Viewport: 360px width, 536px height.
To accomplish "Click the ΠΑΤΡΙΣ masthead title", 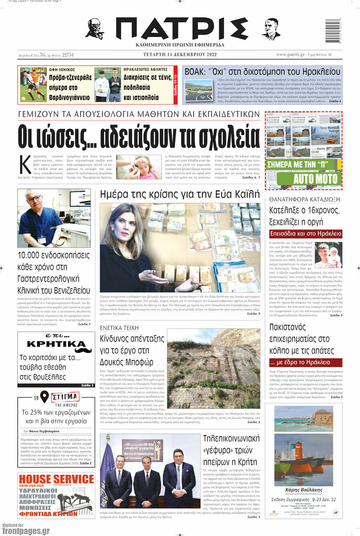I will (x=181, y=29).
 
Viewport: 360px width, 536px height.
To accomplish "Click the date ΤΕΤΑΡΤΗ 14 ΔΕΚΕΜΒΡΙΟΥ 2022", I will (x=180, y=55).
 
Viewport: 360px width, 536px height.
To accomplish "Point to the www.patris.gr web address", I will (x=290, y=55).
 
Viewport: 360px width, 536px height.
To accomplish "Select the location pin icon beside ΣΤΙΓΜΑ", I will (x=44, y=397).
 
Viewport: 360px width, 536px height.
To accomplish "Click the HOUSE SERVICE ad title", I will (x=56, y=479).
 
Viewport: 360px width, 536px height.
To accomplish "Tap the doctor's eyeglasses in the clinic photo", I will (x=35, y=199).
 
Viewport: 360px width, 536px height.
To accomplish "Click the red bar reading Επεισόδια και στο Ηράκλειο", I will (x=306, y=233).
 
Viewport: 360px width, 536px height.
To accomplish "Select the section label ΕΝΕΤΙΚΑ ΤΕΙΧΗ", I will (x=119, y=328).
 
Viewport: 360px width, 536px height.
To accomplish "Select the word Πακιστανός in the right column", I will (x=287, y=327).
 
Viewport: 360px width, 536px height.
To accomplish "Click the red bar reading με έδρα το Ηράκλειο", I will (x=306, y=362).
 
